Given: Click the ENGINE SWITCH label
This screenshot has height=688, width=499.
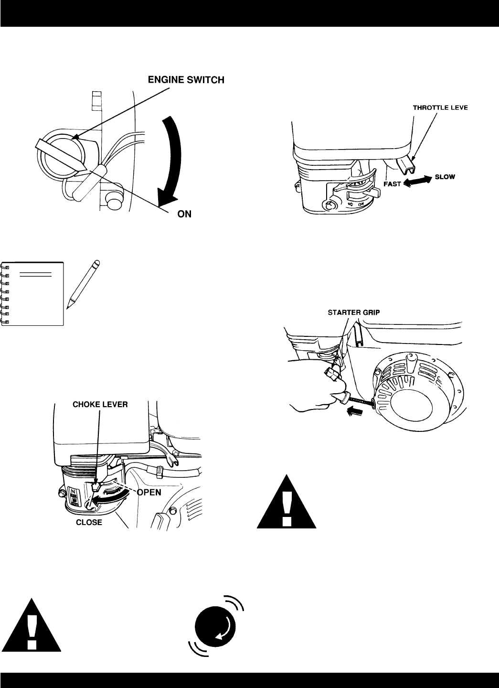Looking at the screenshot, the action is tap(186, 80).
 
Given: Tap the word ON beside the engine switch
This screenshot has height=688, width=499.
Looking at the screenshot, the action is tap(184, 214).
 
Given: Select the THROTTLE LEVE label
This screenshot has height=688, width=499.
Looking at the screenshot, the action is tap(440, 107).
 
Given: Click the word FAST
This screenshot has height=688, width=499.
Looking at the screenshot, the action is tap(392, 184).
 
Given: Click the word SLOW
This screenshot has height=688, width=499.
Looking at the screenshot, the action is tap(445, 177).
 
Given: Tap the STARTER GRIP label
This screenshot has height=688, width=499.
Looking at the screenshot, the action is tap(354, 312).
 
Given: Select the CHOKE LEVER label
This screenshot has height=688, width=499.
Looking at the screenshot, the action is tap(100, 404).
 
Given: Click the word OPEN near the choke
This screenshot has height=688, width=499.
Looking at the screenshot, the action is tap(149, 492).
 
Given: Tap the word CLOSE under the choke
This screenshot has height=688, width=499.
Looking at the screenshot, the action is tap(89, 522).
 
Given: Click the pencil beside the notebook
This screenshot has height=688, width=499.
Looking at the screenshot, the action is tap(83, 284).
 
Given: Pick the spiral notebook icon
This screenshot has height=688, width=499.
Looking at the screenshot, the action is tap(32, 294).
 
